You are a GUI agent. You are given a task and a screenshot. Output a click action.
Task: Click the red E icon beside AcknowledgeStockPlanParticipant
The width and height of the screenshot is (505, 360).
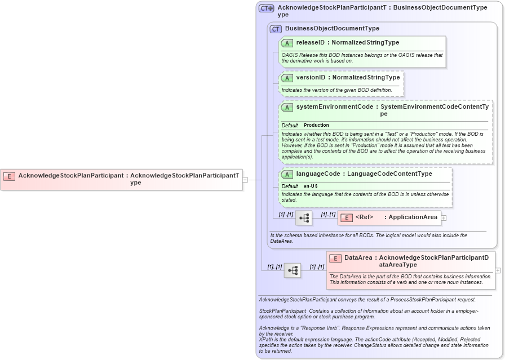coord(9,176)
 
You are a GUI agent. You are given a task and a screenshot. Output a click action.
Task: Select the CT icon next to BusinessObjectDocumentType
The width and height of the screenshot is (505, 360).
coord(276,29)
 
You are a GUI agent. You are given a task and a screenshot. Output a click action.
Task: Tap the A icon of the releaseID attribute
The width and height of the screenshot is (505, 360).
coord(287,43)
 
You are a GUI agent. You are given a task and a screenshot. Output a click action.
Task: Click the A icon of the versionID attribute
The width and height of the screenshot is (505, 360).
coord(287,78)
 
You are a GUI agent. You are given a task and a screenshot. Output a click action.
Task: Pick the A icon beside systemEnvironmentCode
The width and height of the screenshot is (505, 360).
coord(287,107)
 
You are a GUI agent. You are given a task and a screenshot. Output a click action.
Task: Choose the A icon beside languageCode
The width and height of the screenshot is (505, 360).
coord(287,174)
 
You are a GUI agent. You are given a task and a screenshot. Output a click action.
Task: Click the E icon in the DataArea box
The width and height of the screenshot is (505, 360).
coord(335,258)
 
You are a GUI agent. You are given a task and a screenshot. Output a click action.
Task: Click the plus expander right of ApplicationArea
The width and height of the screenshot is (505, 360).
coord(444,218)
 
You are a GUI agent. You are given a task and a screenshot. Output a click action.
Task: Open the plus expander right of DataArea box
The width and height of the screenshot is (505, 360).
coord(498,270)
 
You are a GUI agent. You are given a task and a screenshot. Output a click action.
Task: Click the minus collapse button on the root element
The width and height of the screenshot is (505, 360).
coord(245,179)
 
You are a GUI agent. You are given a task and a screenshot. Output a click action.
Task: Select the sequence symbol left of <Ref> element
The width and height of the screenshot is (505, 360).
coord(304,218)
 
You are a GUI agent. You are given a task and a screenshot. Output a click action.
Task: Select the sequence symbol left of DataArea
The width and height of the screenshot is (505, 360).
coord(293,270)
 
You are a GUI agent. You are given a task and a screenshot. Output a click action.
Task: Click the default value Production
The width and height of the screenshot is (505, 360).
coord(316,125)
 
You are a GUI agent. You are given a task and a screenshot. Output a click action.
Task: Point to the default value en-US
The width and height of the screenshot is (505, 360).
coord(311,186)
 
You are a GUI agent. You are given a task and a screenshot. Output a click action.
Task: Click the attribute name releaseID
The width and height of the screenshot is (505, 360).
coord(310,42)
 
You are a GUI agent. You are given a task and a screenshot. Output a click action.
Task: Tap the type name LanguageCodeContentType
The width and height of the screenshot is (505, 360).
coord(389,174)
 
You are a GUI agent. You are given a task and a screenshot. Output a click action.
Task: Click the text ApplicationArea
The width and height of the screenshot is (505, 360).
coord(413,217)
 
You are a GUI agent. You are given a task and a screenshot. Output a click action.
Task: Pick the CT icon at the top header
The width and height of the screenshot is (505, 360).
coord(266,8)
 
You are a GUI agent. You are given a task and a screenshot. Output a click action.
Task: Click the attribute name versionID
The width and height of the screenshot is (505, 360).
coord(311,77)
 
